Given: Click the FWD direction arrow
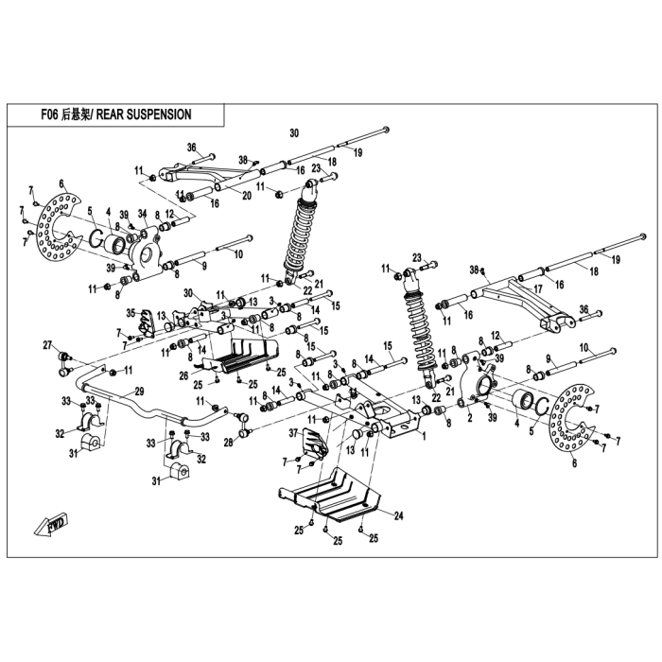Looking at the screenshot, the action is pos(51,524).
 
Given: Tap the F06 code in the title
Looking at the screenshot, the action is pos(49,114).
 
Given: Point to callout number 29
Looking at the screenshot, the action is pos(139,391).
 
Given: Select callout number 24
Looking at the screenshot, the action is pos(398,515).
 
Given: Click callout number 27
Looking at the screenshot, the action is pos(47,345).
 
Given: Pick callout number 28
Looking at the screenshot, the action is pos(229,442).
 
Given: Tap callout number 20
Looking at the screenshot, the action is pos(247,196).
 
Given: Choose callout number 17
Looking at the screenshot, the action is pos(538,289).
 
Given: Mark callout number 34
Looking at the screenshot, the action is pos(142,212).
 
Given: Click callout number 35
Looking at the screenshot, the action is pos(131,313).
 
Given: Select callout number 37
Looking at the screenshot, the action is pos(294,433).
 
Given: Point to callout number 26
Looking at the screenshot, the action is pos(183,375).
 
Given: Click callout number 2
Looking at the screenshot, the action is pos(470,418).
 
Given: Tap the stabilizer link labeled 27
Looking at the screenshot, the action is pos(64,362).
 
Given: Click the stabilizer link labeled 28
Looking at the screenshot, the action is pos(243,424).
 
